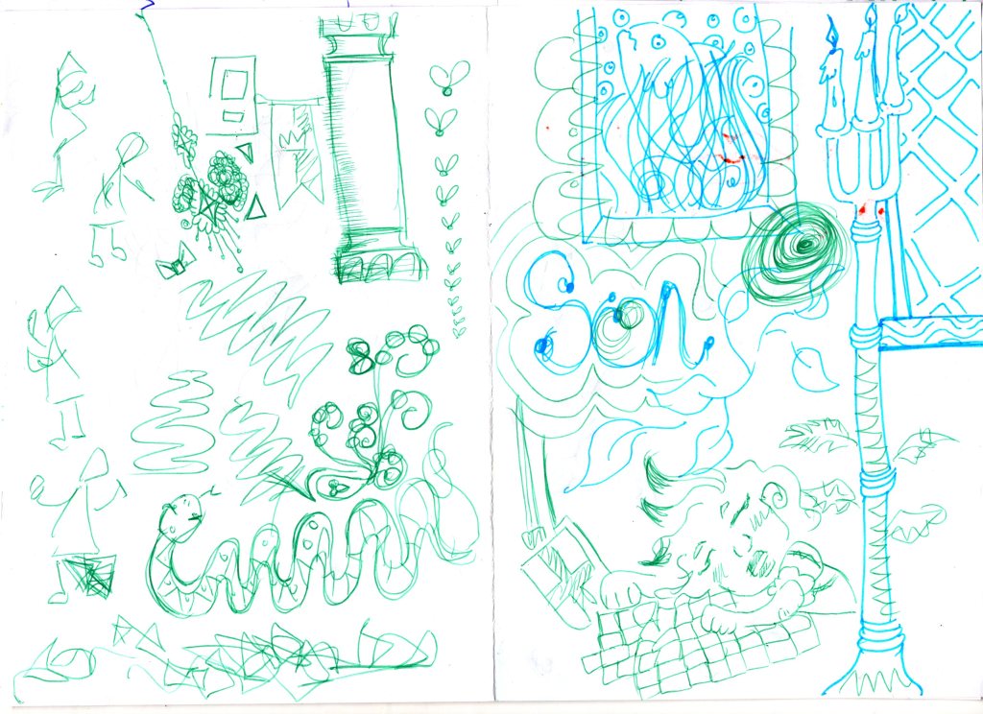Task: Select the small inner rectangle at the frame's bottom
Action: (233, 116)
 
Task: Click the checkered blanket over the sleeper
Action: (696, 646)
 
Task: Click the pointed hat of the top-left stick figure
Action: (73, 70)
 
